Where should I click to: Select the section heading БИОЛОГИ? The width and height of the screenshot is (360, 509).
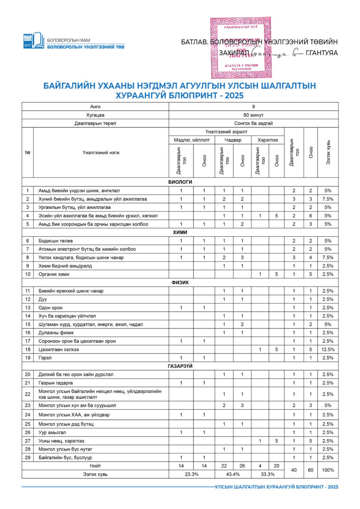(180, 182)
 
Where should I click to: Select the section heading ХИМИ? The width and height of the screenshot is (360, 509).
(180, 232)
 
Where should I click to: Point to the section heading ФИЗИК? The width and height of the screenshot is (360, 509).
(180, 283)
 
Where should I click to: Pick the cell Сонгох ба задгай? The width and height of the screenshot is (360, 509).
(254, 123)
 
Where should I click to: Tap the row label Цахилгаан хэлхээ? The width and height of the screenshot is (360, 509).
(59, 349)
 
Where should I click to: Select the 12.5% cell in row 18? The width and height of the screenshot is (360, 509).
(328, 349)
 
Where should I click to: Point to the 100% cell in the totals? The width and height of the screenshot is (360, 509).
(328, 470)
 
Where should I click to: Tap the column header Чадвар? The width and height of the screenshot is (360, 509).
(233, 140)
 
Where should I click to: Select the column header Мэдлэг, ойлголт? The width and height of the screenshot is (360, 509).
(192, 140)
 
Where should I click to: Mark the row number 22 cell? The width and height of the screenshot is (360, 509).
(28, 394)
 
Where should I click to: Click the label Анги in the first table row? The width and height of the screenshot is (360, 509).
(95, 106)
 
